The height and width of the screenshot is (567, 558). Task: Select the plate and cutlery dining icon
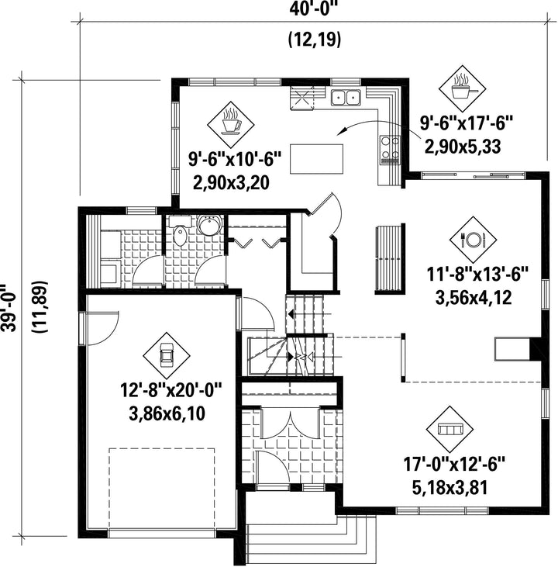[x=473, y=240]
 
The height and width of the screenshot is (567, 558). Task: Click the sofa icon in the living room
[x=450, y=429]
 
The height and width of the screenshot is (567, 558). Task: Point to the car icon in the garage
[x=167, y=355]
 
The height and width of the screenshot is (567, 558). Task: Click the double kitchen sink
[x=346, y=97]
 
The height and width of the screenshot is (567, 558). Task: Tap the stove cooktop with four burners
[x=390, y=150]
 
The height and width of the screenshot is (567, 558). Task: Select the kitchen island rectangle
[x=316, y=159]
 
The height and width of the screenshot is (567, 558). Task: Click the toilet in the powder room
[x=180, y=235]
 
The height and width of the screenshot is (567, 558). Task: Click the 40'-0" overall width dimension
[x=313, y=9]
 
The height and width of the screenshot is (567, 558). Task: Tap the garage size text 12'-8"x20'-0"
[x=170, y=390]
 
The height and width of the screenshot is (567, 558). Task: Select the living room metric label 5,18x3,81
[x=449, y=487]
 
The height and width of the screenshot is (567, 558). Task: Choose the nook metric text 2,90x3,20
[x=231, y=182]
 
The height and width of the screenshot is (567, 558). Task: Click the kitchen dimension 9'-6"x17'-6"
[x=467, y=123]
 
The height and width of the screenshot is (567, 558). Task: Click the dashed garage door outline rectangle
[x=161, y=489]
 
